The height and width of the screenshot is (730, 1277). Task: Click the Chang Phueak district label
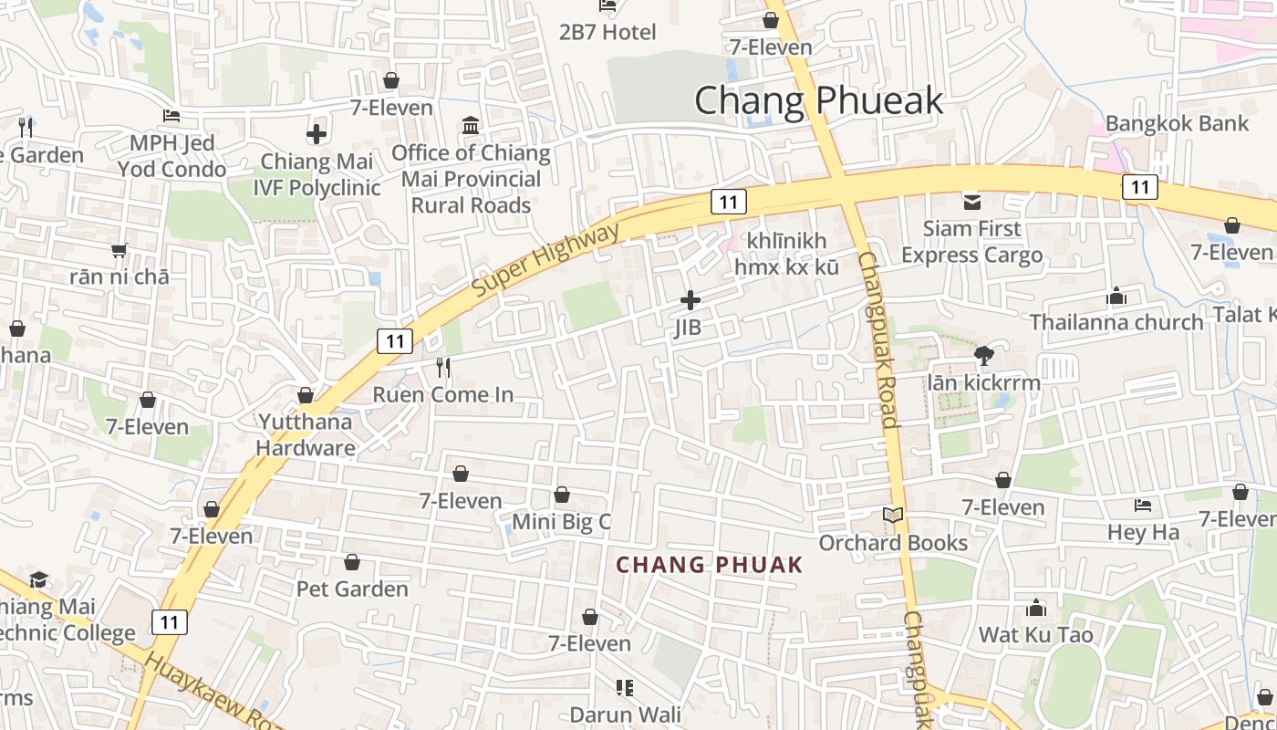818,99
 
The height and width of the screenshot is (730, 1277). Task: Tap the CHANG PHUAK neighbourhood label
710,565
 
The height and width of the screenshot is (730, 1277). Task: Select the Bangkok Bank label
1177,122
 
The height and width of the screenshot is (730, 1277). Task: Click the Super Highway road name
545,259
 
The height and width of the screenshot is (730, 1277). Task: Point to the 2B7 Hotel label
607,32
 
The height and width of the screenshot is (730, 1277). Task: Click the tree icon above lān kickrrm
983,356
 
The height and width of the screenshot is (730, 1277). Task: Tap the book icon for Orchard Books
893,516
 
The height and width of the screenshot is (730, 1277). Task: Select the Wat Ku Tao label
1035,634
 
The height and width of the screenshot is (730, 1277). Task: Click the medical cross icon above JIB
690,299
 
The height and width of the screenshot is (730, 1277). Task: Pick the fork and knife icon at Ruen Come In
443,368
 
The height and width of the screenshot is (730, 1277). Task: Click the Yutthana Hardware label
305,434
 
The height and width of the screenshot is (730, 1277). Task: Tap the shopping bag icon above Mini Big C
562,495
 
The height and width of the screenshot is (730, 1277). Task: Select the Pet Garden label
352,589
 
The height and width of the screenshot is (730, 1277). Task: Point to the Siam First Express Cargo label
971,242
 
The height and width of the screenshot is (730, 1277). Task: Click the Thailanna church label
1116,322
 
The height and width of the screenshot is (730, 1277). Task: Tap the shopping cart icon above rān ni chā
119,250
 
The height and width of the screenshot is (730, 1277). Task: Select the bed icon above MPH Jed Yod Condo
171,116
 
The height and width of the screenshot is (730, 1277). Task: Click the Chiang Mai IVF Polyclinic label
317,174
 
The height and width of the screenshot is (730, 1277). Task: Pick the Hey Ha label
1143,532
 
